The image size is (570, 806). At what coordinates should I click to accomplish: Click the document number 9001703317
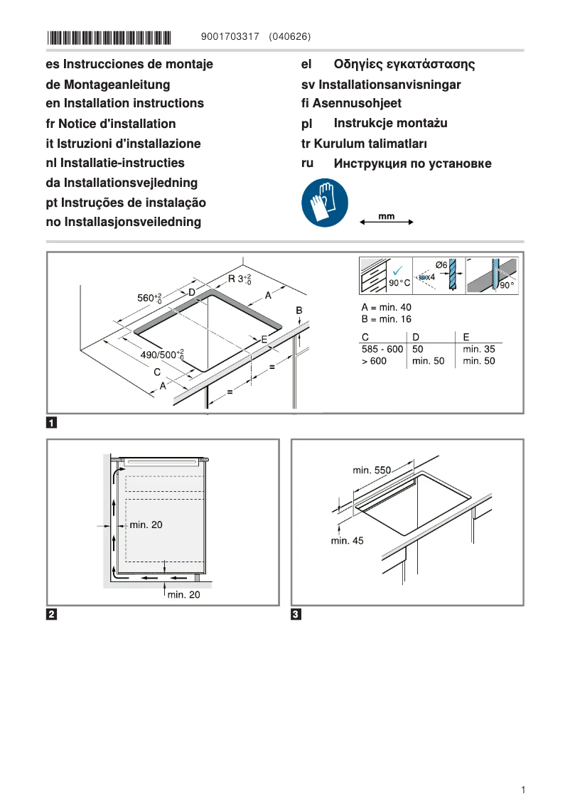[x=230, y=36]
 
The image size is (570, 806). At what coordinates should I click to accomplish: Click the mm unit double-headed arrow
[x=387, y=222]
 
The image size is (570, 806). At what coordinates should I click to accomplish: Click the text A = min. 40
[x=386, y=307]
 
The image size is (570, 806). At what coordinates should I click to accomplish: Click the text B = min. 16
[x=386, y=319]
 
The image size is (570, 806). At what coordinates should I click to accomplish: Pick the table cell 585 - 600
[x=382, y=349]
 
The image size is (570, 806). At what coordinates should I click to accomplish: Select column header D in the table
[x=416, y=337]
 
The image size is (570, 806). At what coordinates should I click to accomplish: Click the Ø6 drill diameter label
[x=441, y=265]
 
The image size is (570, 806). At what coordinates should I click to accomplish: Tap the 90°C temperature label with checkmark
[x=399, y=282]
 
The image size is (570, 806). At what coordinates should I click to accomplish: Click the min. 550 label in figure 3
[x=372, y=470]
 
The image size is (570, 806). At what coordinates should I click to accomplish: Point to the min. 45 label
[x=347, y=541]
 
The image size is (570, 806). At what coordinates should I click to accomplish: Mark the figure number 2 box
[x=52, y=614]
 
